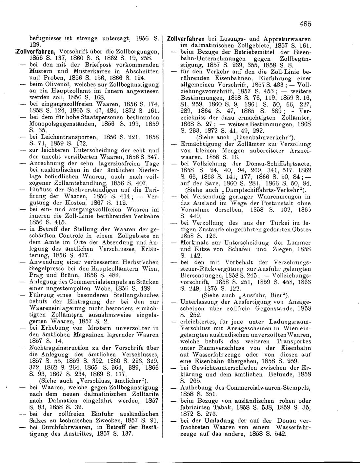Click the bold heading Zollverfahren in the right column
click(x=186, y=38)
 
